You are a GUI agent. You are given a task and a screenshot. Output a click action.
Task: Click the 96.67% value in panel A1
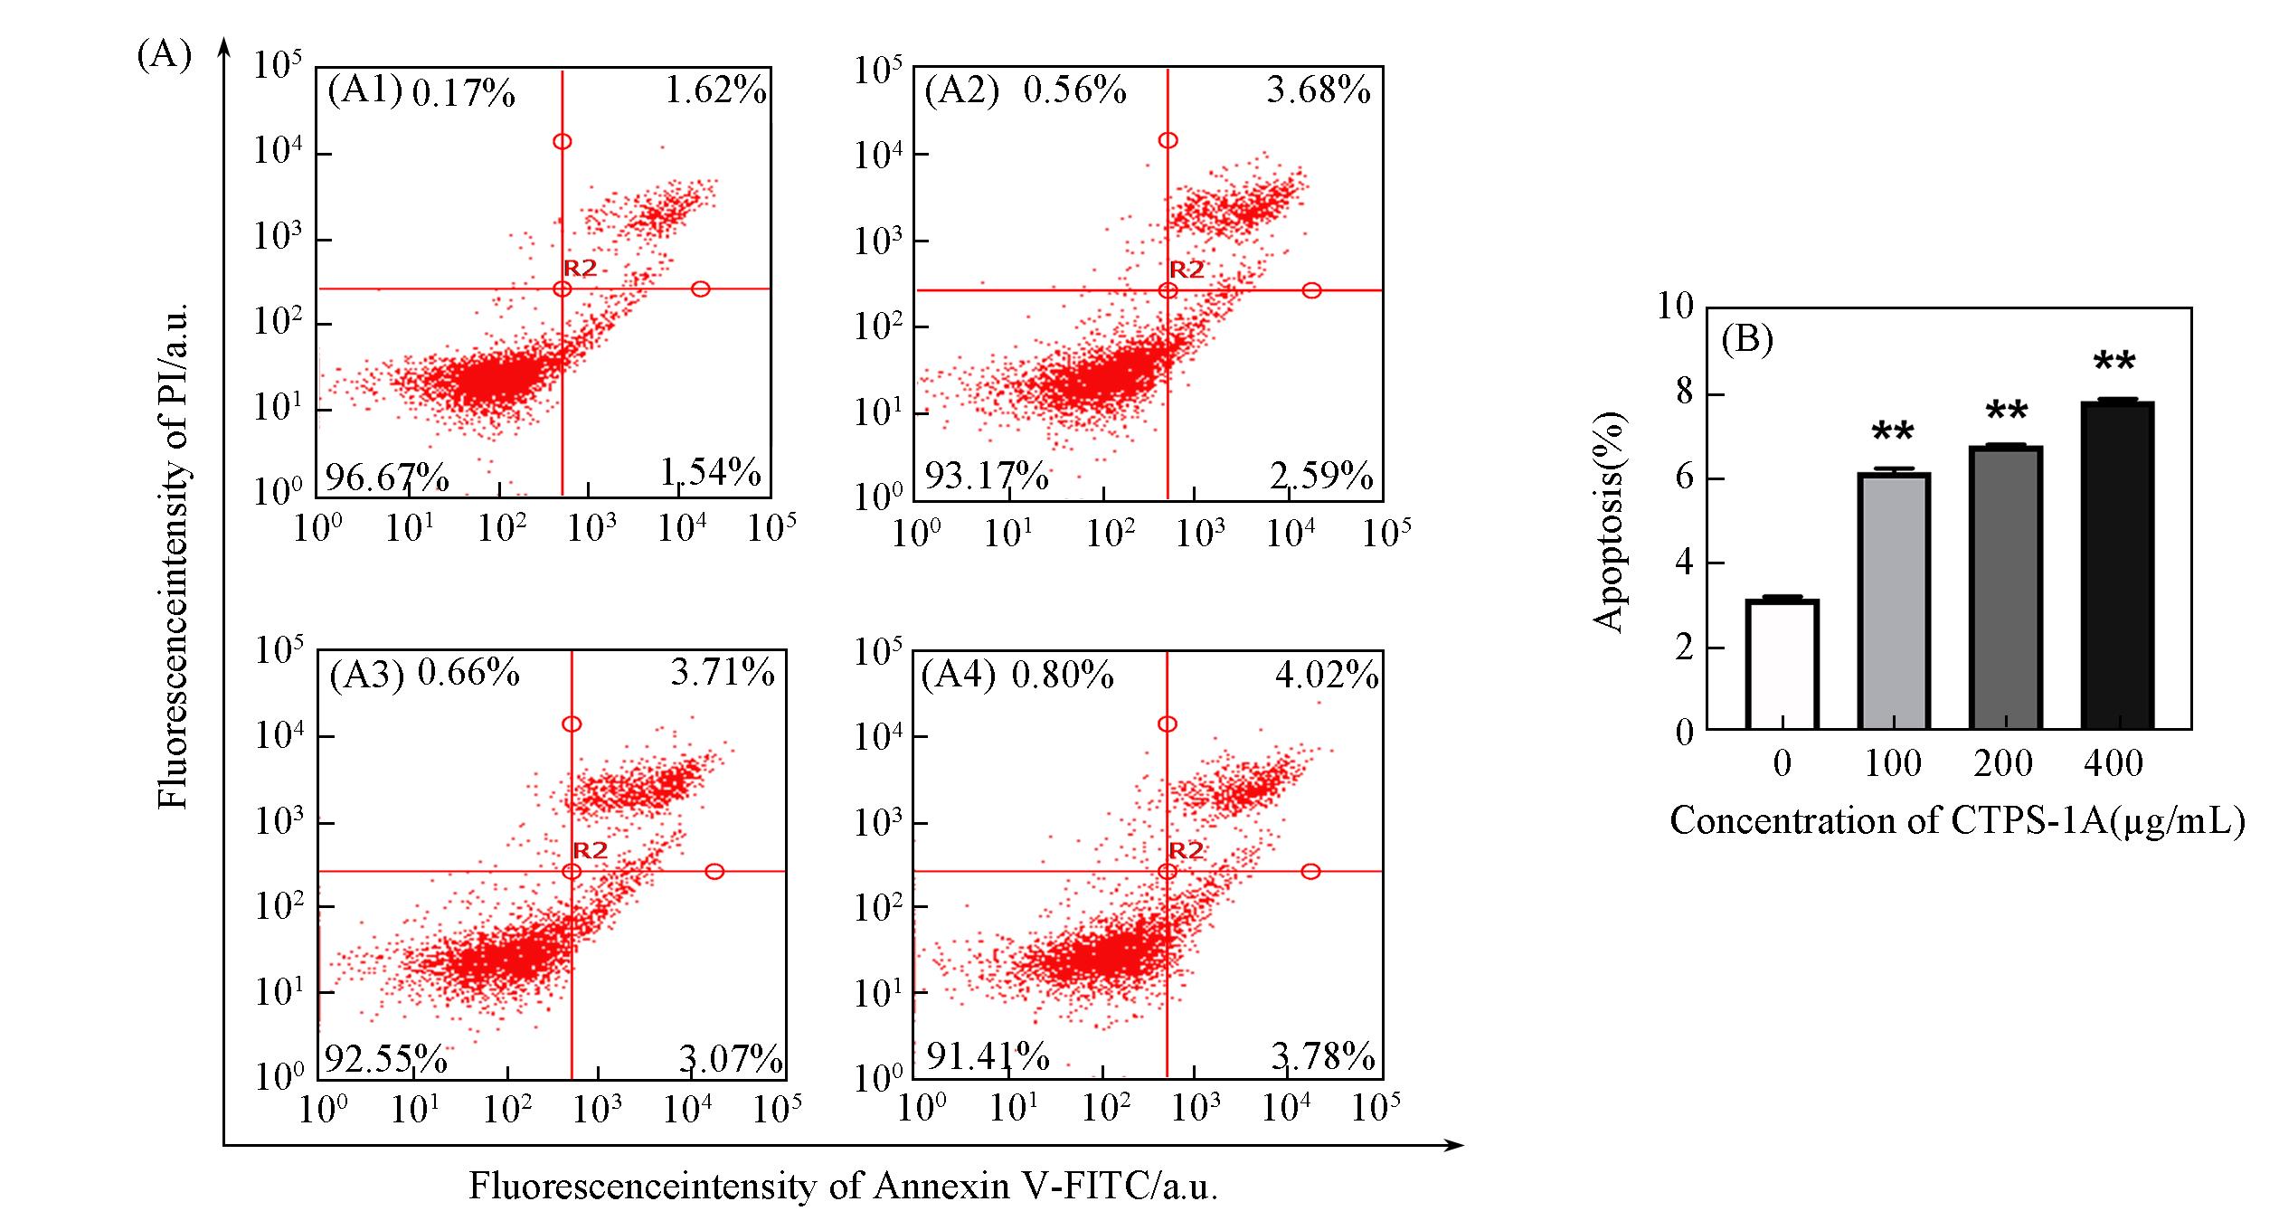(x=386, y=477)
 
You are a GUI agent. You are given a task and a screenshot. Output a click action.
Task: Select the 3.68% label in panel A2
(x=1318, y=90)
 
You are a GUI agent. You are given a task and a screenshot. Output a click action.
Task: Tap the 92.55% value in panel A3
(x=385, y=1058)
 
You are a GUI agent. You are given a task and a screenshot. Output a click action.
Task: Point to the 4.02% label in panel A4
(x=1326, y=676)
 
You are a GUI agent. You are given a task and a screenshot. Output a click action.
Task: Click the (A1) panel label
(x=364, y=90)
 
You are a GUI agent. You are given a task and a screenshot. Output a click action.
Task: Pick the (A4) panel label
(x=958, y=676)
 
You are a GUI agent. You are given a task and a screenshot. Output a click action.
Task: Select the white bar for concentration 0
(x=1782, y=664)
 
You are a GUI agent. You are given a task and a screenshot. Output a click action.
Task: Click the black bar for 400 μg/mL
(x=2118, y=565)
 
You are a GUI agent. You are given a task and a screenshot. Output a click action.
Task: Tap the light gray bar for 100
(x=1894, y=601)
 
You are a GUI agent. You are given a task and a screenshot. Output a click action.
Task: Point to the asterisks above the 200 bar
(x=2006, y=412)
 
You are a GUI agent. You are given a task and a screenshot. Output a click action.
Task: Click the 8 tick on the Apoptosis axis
(x=1684, y=393)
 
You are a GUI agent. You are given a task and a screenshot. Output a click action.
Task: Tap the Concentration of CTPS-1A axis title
(x=1956, y=821)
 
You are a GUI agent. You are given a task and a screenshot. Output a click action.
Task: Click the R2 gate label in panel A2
(x=1187, y=270)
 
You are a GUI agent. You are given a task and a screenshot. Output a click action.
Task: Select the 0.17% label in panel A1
(x=463, y=93)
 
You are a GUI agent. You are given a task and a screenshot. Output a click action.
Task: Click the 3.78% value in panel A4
(x=1322, y=1056)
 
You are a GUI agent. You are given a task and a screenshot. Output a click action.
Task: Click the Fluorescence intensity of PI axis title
(x=172, y=555)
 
